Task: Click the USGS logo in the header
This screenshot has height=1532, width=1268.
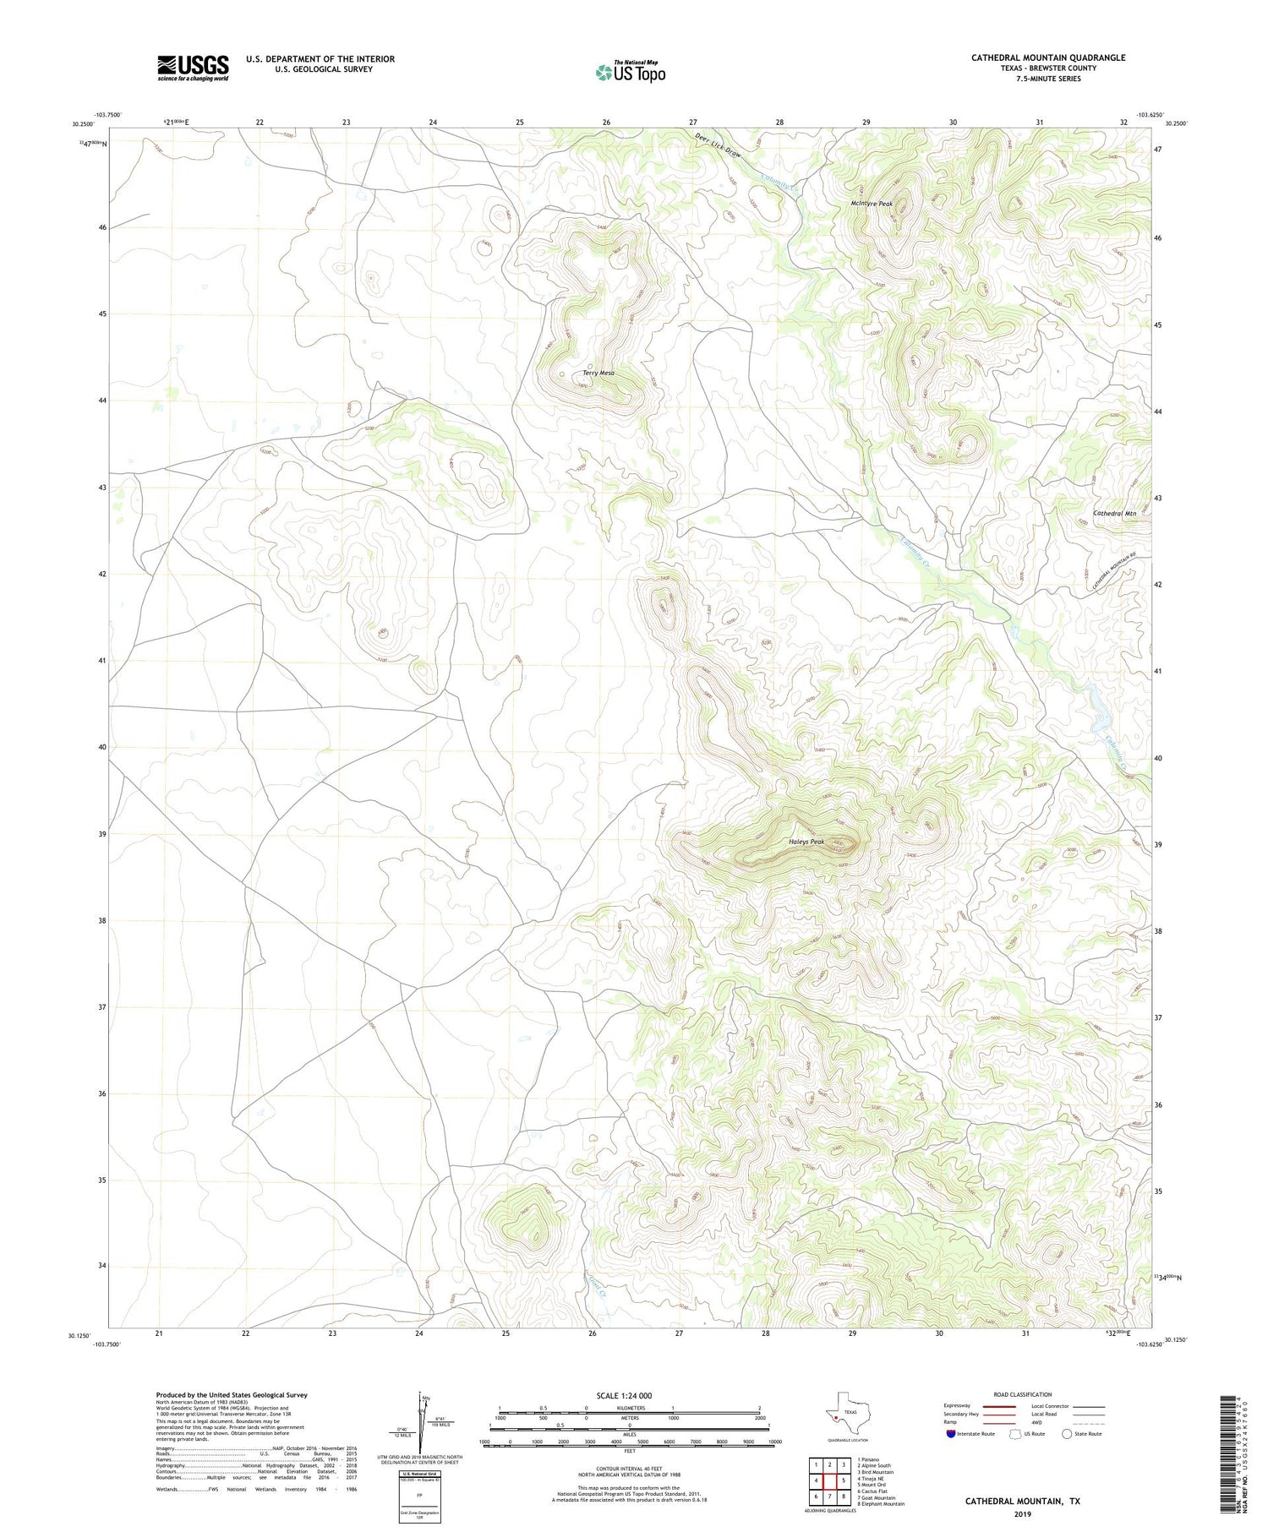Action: tap(193, 68)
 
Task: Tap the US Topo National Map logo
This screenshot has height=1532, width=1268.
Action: tap(630, 72)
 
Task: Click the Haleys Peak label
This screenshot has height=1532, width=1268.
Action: tap(806, 842)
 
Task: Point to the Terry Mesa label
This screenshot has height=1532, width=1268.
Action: tap(598, 373)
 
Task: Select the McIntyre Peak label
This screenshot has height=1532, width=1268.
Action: tap(872, 204)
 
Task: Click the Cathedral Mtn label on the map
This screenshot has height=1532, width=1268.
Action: tap(1114, 514)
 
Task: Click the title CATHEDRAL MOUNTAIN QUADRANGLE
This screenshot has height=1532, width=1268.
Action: tap(1047, 57)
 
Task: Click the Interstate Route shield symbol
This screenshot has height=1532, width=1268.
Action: tap(951, 1433)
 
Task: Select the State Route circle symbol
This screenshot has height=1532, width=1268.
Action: tap(1067, 1433)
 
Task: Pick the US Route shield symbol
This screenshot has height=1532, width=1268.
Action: tap(1015, 1433)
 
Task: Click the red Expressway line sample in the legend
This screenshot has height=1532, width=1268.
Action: tap(997, 1406)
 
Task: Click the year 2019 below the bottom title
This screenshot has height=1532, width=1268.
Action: tap(1021, 1513)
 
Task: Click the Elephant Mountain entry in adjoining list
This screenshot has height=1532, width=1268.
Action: tap(881, 1504)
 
